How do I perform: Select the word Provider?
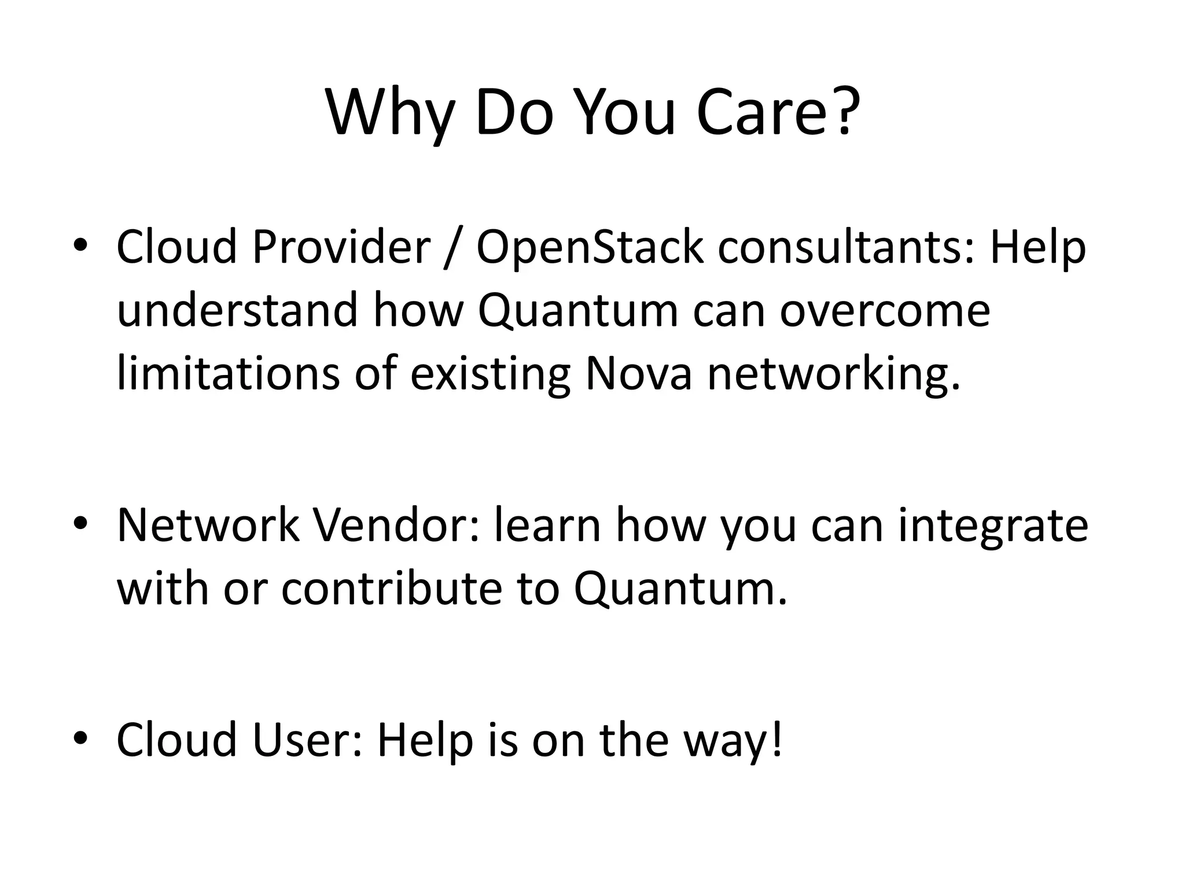point(341,247)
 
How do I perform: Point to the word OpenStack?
point(590,247)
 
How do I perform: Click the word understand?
point(238,310)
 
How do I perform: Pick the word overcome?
point(885,310)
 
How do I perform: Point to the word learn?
point(547,525)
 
